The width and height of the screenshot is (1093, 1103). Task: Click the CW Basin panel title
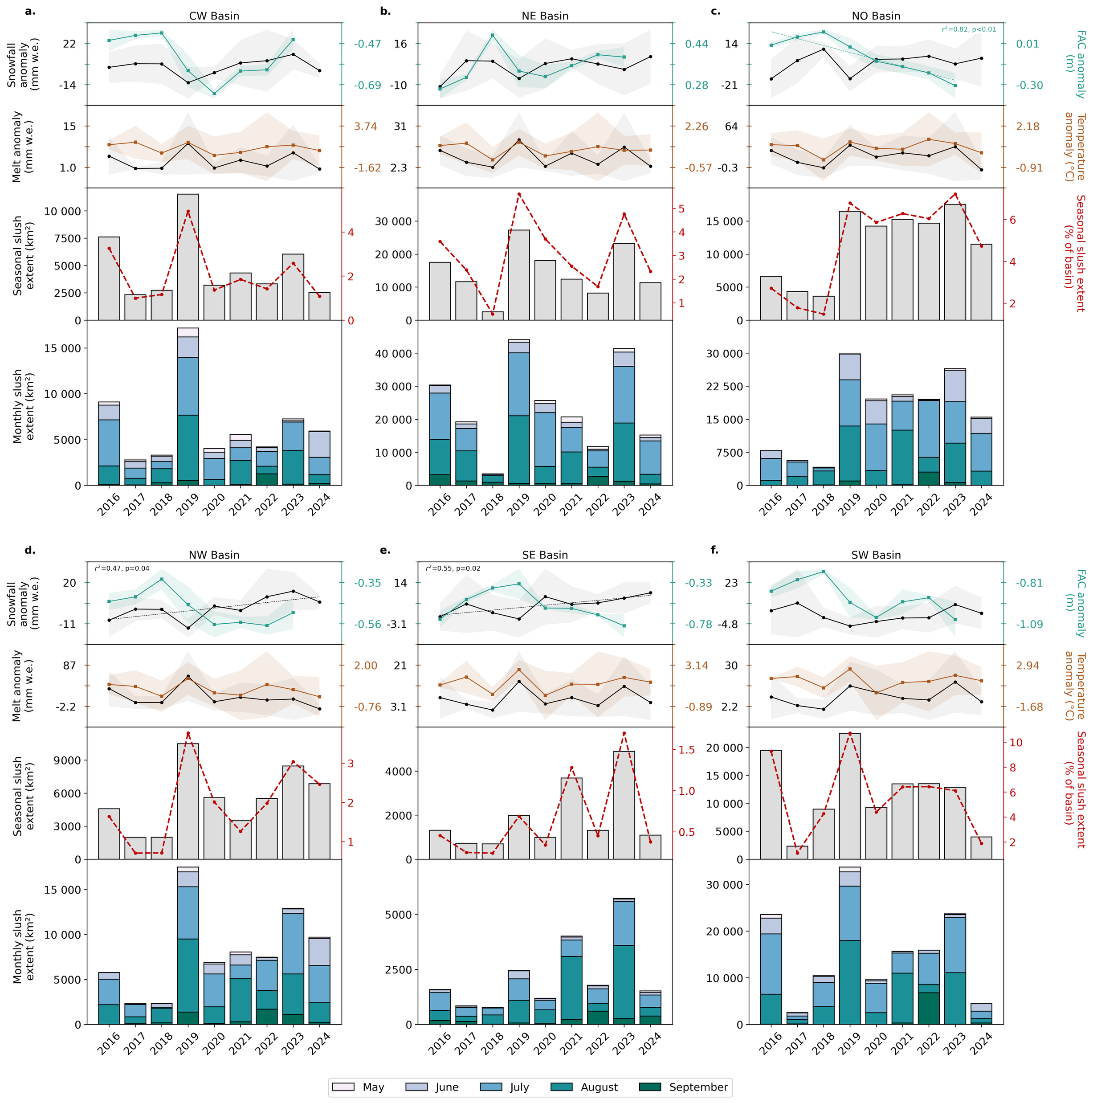(x=214, y=16)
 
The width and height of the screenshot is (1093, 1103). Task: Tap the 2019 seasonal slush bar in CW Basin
(x=188, y=257)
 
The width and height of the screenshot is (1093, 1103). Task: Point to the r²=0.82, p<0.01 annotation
(x=969, y=29)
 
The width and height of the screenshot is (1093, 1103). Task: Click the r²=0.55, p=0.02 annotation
(x=453, y=568)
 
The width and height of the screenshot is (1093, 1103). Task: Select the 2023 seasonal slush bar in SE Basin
(x=624, y=805)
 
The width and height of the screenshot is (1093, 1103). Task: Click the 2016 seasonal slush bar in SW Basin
(x=771, y=805)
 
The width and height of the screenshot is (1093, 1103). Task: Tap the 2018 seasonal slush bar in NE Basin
(x=493, y=316)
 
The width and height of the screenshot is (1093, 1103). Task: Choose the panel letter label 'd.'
(x=30, y=550)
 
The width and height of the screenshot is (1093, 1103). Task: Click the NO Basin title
(x=876, y=16)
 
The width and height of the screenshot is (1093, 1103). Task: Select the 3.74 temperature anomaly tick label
(x=365, y=126)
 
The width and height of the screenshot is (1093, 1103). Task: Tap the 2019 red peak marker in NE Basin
(x=519, y=194)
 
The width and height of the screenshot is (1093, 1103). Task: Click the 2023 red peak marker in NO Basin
(x=955, y=194)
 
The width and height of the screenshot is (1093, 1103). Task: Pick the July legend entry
(x=505, y=1087)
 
